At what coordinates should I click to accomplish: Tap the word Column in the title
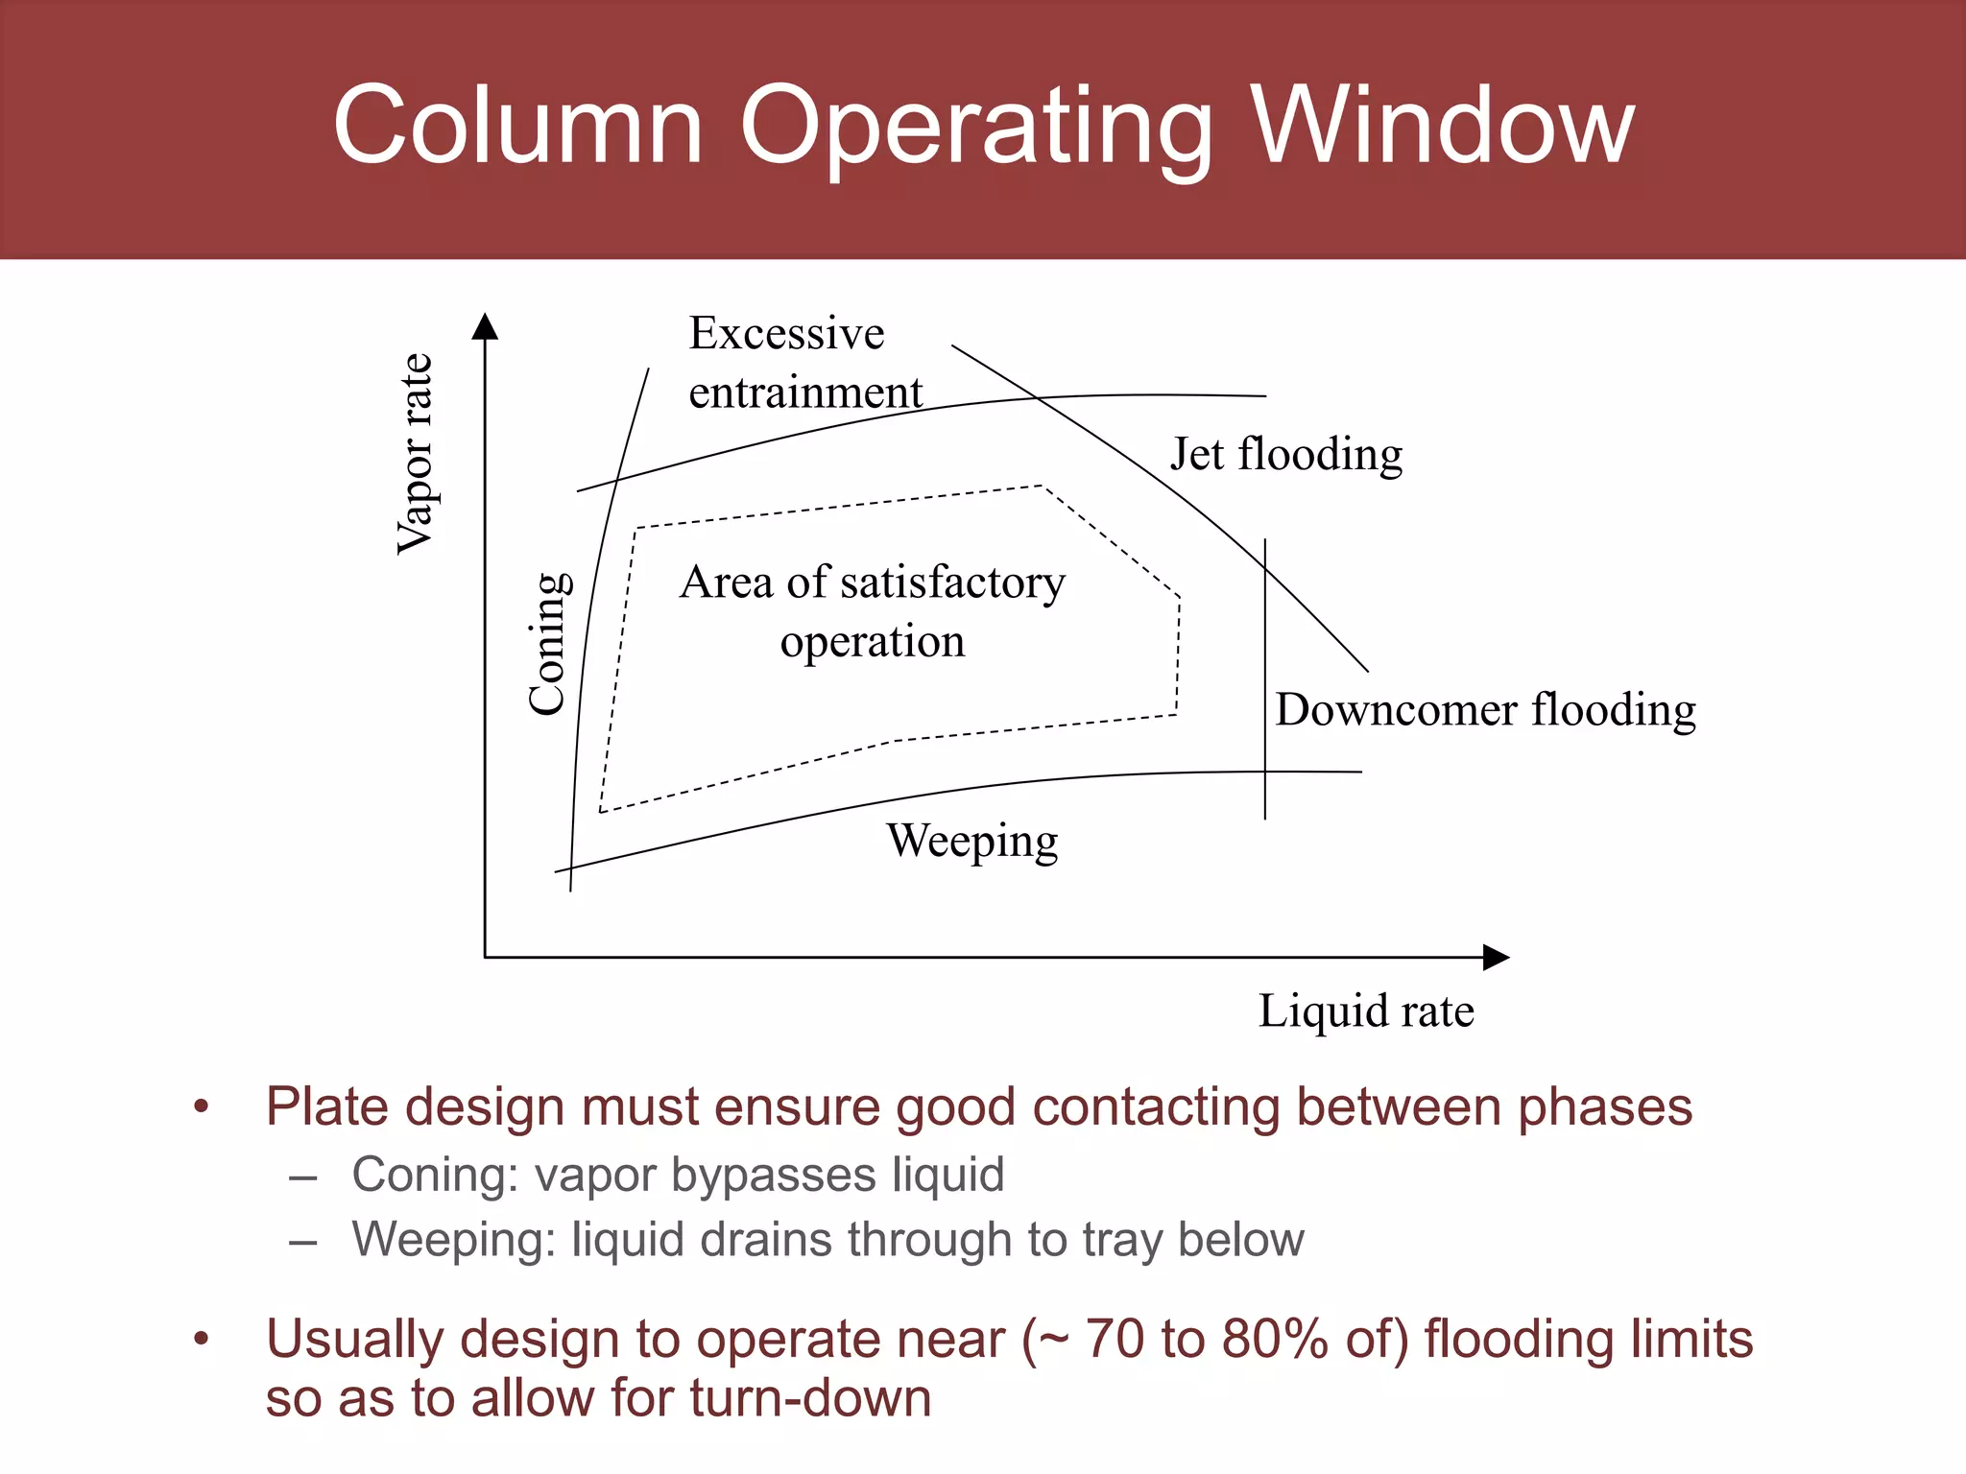tap(518, 126)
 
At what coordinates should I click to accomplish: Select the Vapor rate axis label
tap(416, 454)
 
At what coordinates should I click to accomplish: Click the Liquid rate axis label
tap(1366, 1010)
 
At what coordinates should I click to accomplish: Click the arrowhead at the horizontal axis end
tap(1496, 957)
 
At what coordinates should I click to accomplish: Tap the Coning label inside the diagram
tap(550, 643)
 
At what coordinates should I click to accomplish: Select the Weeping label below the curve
tap(971, 841)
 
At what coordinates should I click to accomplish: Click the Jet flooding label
tap(1285, 454)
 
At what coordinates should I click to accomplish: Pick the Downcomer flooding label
tap(1485, 710)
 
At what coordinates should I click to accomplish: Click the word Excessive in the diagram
tap(786, 333)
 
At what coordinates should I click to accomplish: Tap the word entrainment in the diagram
tap(805, 392)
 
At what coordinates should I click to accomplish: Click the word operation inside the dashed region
tap(872, 641)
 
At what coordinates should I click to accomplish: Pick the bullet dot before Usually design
tap(201, 1339)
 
